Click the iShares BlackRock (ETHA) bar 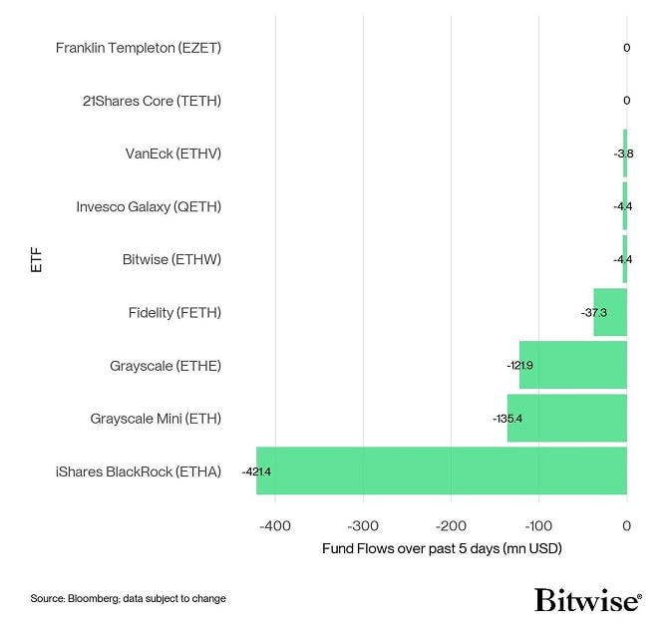tap(442, 470)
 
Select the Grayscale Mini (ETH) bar tap(567, 418)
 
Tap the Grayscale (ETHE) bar tap(573, 365)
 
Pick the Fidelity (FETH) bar tap(610, 312)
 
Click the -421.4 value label tap(256, 470)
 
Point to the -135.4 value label tap(507, 419)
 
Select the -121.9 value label tap(519, 366)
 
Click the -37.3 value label tap(595, 313)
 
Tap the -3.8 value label tap(623, 154)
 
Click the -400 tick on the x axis tap(274, 525)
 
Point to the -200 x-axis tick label tap(451, 525)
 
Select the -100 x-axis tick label tap(538, 525)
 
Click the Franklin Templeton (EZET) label tap(138, 47)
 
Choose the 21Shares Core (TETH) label tap(152, 100)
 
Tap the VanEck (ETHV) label tap(172, 154)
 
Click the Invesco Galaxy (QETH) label tap(149, 206)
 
